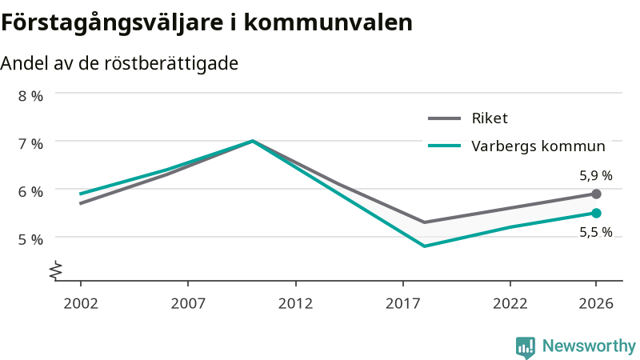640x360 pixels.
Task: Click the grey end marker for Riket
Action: [x=596, y=194]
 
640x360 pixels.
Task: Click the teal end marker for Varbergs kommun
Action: [x=596, y=213]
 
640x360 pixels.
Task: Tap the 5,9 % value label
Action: [x=596, y=175]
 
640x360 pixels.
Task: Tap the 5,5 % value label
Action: [x=596, y=232]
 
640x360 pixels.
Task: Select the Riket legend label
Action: [x=490, y=118]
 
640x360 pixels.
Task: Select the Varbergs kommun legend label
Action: [x=538, y=146]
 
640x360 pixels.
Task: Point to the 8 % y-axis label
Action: [x=30, y=96]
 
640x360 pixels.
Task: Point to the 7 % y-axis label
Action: [x=30, y=144]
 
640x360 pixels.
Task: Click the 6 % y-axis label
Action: [x=30, y=192]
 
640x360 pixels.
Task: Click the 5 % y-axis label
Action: [x=30, y=239]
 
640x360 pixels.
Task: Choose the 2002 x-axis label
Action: [x=81, y=304]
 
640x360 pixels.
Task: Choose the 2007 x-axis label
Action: [x=188, y=304]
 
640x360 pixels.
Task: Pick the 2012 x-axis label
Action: [x=295, y=304]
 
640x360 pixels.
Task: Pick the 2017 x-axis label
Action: [x=403, y=304]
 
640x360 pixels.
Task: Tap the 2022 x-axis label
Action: [x=510, y=304]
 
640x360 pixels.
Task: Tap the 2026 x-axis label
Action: [x=596, y=304]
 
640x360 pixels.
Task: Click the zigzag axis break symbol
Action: [x=56, y=270]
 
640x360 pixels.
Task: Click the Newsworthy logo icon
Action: [x=526, y=347]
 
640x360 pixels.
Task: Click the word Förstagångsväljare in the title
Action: [x=112, y=23]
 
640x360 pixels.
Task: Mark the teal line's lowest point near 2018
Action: [x=425, y=246]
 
